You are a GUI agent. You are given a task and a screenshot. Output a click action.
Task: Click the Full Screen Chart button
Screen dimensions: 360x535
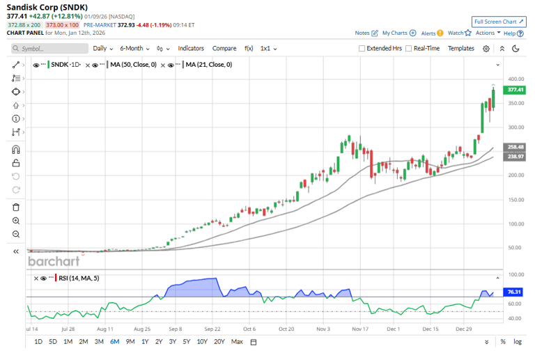[x=499, y=22]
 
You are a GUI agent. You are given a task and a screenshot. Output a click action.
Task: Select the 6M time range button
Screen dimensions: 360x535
[x=114, y=342]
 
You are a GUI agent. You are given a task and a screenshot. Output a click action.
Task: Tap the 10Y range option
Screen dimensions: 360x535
[x=202, y=342]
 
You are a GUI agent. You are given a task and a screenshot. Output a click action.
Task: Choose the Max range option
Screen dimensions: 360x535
[x=237, y=342]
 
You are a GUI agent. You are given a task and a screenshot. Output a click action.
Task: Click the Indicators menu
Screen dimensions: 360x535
[x=191, y=49]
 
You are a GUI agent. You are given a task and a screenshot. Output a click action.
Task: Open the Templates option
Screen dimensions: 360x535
[x=460, y=49]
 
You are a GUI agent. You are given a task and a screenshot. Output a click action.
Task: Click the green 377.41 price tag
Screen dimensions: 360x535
[x=515, y=90]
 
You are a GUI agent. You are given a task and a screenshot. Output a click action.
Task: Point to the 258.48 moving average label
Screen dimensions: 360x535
[x=515, y=148]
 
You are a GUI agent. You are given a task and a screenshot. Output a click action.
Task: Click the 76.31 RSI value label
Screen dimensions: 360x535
[x=515, y=292]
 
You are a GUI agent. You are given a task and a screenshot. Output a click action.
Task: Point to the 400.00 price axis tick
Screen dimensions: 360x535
[x=515, y=79]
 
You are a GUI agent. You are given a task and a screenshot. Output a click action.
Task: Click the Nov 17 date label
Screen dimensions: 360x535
[x=359, y=328]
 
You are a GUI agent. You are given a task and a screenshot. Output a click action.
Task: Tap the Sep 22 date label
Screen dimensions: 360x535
[x=212, y=328]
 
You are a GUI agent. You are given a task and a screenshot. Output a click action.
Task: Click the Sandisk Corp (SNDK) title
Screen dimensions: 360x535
[x=47, y=6]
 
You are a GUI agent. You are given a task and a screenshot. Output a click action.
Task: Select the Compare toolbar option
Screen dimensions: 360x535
[x=224, y=49]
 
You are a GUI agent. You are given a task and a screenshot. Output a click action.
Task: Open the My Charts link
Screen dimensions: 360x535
[x=394, y=33]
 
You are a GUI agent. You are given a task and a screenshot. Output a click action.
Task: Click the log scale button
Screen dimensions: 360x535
[x=518, y=342]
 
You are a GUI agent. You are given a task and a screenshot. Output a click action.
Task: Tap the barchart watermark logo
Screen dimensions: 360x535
[x=53, y=261]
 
